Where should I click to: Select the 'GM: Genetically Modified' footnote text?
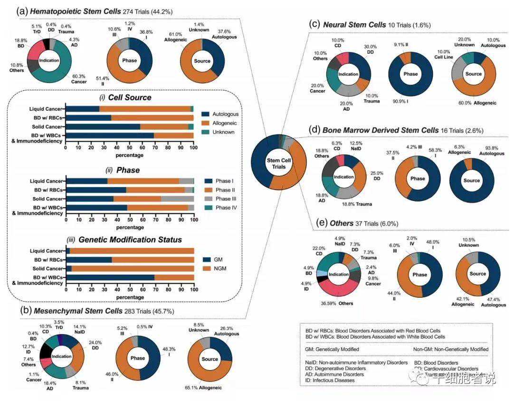click(332, 349)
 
